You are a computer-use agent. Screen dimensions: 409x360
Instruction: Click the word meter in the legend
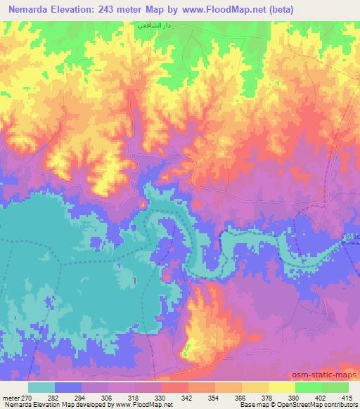click(x=11, y=397)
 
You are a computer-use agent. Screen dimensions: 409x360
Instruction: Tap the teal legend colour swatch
click(x=41, y=387)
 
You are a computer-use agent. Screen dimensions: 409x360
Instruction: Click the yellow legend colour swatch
click(x=281, y=387)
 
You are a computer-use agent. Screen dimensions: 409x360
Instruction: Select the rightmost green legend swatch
click(x=335, y=387)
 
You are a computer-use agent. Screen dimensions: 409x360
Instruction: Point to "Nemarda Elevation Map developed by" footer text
click(x=42, y=405)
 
